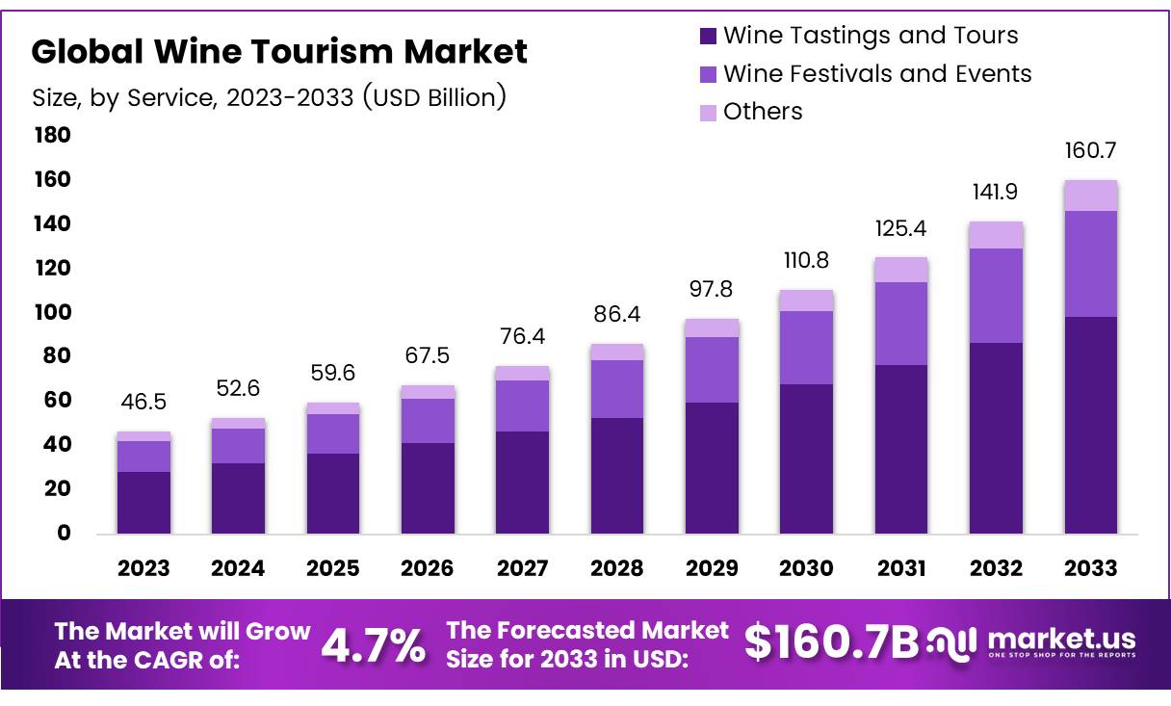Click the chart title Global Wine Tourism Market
point(279,51)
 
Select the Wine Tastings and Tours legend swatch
point(708,37)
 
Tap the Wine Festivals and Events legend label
point(876,73)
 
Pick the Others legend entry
point(762,112)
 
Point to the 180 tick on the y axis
point(52,136)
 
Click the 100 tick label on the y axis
point(52,313)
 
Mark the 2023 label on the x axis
point(143,568)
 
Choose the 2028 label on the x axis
point(617,568)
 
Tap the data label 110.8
point(807,261)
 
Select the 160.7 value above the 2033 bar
point(1091,151)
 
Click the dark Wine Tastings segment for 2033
point(1091,425)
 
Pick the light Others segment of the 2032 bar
point(996,235)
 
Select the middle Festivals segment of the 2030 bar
point(807,348)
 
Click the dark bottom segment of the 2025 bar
point(333,493)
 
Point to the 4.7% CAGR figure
point(373,645)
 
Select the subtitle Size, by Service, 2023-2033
point(269,97)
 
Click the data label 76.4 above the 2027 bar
point(523,337)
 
